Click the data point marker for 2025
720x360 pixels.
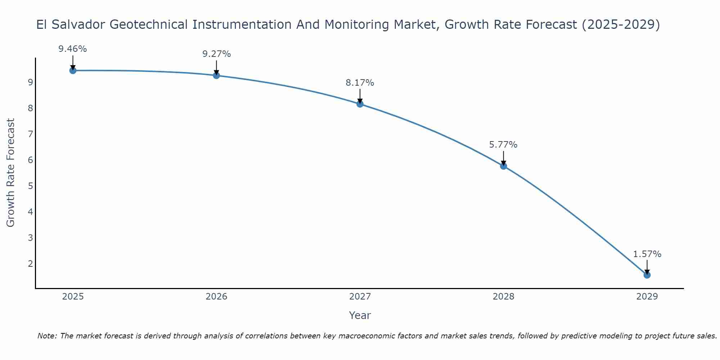[73, 71]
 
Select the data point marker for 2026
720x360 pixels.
[216, 75]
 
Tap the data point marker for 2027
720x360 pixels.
[360, 104]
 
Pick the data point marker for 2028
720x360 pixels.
[503, 166]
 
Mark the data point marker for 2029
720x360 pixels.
[647, 275]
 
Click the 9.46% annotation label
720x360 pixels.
[73, 49]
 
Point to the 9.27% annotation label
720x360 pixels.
[216, 54]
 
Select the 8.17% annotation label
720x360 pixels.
[360, 83]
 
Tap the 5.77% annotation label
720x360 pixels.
[503, 145]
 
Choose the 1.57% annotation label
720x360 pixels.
[647, 254]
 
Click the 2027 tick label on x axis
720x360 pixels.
[360, 297]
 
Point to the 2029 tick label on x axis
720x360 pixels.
[647, 297]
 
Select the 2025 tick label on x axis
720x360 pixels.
[73, 297]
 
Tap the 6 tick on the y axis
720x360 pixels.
[30, 160]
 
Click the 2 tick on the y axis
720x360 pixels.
[30, 264]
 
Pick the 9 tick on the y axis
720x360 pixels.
[30, 82]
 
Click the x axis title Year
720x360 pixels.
[360, 315]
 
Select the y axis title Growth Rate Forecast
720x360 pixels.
[11, 173]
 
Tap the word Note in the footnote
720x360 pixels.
[47, 336]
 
